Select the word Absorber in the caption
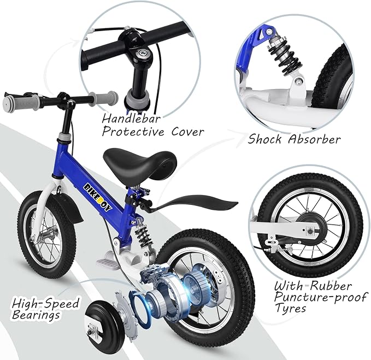pyautogui.click(x=316, y=139)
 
